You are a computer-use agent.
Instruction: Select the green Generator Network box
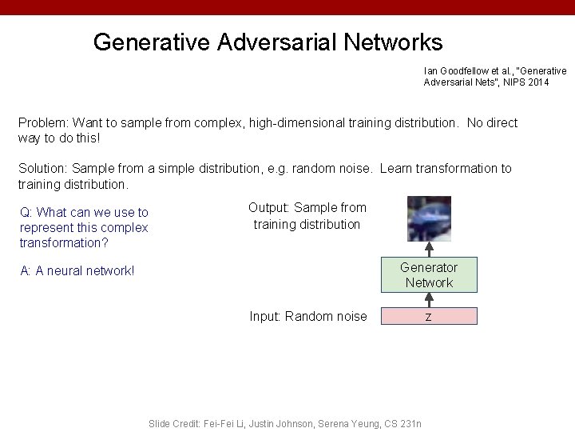click(x=428, y=275)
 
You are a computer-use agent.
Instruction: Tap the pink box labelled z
click(x=428, y=317)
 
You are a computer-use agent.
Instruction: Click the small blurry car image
click(x=429, y=219)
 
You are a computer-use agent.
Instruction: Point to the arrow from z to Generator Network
click(x=429, y=300)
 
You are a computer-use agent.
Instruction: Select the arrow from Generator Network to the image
click(x=429, y=250)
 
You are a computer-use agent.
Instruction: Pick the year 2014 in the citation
click(x=539, y=82)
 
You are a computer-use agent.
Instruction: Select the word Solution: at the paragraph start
click(x=43, y=169)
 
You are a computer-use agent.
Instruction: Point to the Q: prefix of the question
click(x=26, y=213)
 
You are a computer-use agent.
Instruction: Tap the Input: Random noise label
click(x=308, y=317)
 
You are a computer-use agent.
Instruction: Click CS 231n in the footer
click(x=405, y=423)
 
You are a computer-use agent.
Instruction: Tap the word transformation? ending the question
click(x=64, y=243)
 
